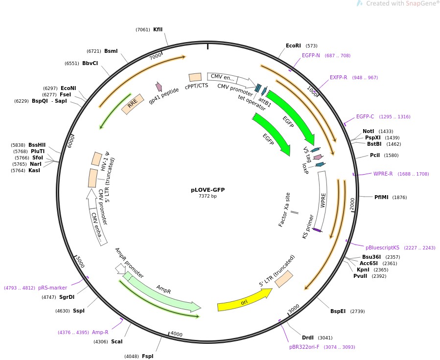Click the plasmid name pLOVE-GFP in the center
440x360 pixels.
208,190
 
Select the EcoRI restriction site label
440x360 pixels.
293,45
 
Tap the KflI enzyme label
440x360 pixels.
158,29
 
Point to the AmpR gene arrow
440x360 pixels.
163,291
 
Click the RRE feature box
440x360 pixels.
133,104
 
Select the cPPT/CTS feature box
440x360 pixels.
195,77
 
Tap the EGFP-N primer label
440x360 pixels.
311,55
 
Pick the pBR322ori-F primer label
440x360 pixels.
304,347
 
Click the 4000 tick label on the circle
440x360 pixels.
176,334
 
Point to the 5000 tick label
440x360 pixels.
80,262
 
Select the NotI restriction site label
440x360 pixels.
369,131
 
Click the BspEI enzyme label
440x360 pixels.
338,311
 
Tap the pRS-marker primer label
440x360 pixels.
52,288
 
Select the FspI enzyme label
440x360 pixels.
147,356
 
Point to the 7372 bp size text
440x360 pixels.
208,196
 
